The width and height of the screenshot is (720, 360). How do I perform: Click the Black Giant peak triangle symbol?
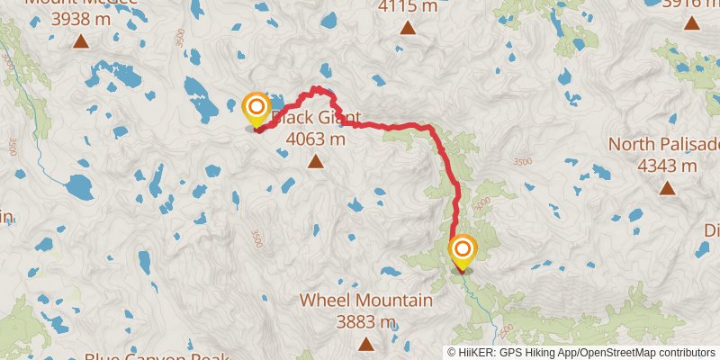[315, 161]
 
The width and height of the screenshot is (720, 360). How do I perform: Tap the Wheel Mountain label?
[365, 300]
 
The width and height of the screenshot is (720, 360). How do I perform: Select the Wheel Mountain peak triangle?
[365, 343]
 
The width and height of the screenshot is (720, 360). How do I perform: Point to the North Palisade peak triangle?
[667, 187]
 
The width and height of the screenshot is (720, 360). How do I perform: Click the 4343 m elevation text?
[667, 166]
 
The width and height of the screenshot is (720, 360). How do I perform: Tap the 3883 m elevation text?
[365, 321]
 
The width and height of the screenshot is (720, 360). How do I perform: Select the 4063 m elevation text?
[315, 139]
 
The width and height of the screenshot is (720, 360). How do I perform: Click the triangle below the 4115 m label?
[408, 28]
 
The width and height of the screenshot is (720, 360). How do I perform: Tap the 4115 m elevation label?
[408, 7]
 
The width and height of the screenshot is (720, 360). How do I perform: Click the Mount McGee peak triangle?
[81, 40]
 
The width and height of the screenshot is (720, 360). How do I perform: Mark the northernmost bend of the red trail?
[316, 87]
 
